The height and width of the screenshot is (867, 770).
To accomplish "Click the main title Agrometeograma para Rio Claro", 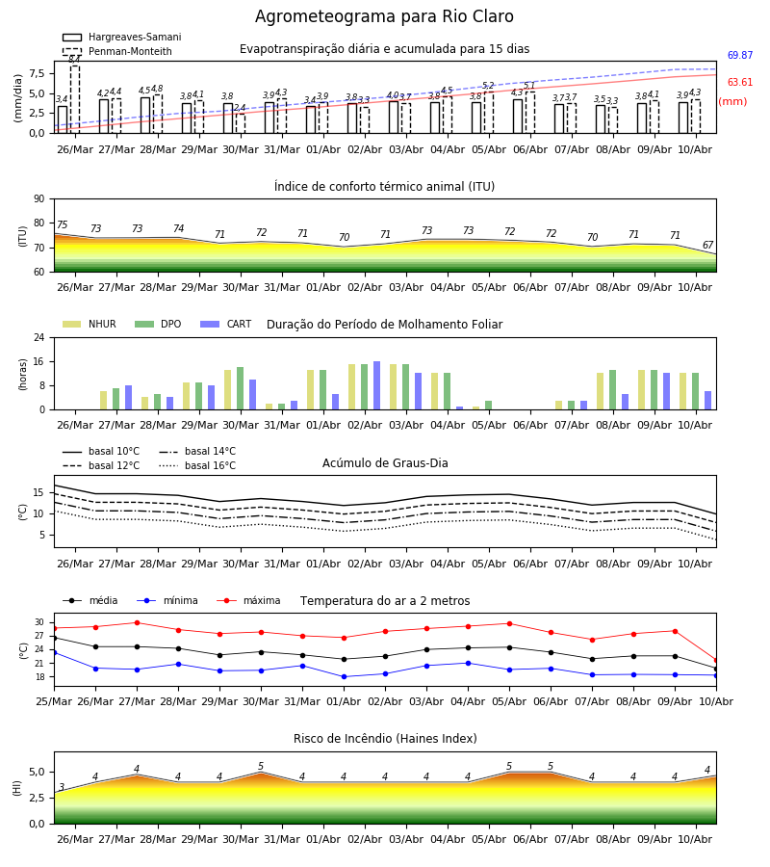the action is [384, 16].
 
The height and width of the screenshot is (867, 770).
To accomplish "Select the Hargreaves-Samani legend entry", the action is [122, 37].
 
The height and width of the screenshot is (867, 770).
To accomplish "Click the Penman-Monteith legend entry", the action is [117, 51].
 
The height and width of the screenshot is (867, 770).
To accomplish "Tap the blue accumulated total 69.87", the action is [740, 55].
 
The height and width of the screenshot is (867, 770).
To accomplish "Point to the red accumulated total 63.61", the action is [740, 83].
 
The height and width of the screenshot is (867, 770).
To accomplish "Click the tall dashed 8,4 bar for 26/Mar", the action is [75, 99].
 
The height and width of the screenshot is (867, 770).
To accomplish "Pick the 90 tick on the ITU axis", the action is [39, 199].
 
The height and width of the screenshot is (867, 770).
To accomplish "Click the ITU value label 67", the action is [708, 245].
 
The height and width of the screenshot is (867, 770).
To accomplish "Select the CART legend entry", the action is [226, 324].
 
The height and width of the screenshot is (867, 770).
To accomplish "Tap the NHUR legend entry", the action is [90, 324].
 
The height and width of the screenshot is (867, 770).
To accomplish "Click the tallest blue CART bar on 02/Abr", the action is [376, 385].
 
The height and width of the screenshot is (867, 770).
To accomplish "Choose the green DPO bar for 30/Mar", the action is [241, 388].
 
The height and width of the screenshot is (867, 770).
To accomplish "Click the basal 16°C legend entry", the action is [197, 465].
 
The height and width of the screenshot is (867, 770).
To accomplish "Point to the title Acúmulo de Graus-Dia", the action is [385, 463].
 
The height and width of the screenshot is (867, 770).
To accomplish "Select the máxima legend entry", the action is [248, 600].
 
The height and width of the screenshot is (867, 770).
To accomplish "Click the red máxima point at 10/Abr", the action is [716, 660].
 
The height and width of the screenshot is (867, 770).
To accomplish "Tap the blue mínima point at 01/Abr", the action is [345, 677].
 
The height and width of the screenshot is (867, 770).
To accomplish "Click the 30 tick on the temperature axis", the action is [39, 622].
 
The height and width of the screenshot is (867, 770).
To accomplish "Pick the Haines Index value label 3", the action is [62, 787].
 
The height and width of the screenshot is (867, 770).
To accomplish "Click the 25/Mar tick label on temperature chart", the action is [54, 701].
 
